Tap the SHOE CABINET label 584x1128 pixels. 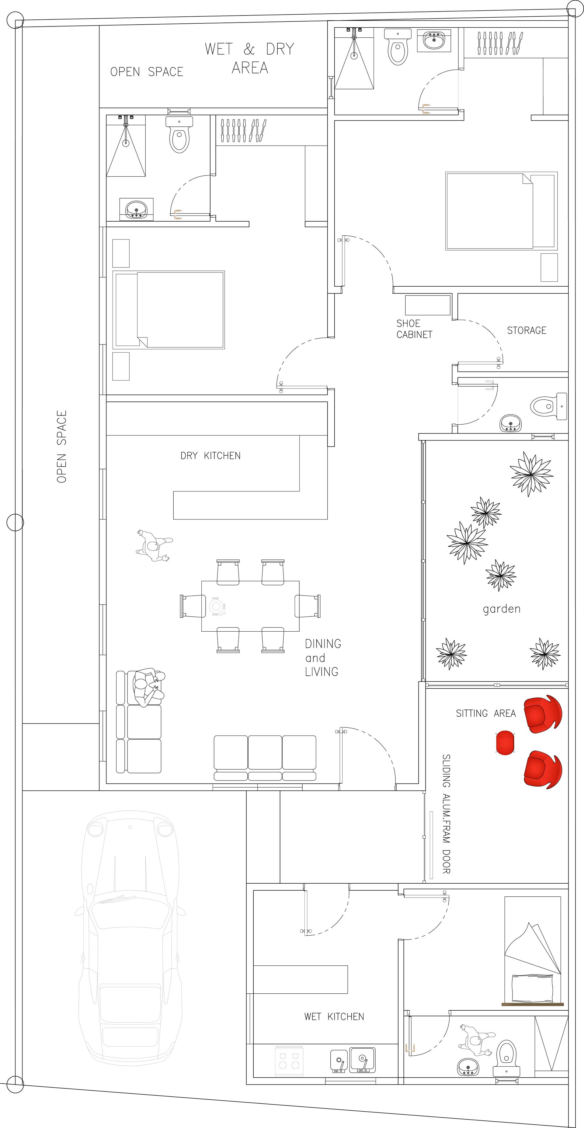tap(414, 329)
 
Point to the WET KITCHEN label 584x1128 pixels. tap(334, 1016)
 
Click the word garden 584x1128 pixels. tap(502, 609)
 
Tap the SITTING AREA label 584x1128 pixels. tap(485, 713)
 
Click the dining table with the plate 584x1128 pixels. tap(250, 606)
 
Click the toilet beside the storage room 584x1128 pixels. tap(548, 406)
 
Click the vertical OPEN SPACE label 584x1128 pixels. tap(62, 447)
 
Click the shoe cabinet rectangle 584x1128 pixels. tap(428, 305)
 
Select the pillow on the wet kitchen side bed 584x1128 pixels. tap(532, 988)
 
